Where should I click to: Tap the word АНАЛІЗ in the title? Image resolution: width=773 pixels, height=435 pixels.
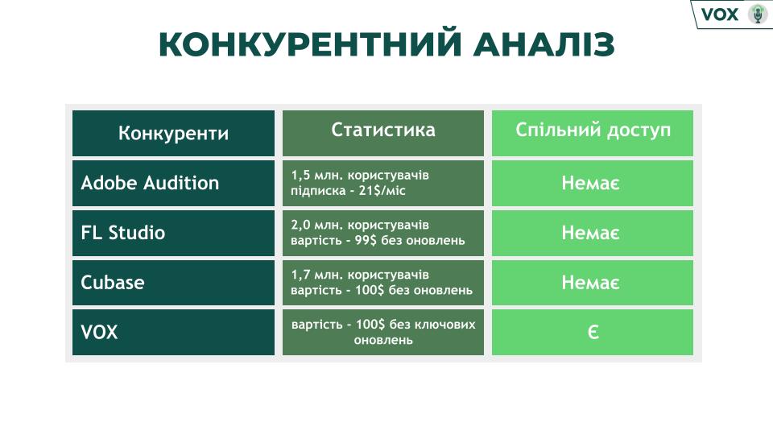pos(544,44)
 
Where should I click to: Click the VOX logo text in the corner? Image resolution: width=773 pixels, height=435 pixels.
pos(720,14)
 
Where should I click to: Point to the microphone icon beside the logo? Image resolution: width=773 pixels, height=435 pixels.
pos(758,14)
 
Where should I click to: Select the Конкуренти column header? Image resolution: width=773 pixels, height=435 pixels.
pos(174,134)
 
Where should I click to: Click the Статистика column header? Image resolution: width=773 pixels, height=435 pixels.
pos(383,130)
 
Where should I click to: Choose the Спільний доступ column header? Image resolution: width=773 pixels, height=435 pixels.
pos(593,130)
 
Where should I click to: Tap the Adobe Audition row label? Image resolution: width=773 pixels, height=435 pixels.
pos(150,183)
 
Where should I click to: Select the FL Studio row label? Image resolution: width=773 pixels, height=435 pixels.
pos(122,233)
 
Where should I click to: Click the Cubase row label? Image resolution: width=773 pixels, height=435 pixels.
pos(113,283)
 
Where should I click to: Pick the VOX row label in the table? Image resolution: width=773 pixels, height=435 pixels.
pos(99,332)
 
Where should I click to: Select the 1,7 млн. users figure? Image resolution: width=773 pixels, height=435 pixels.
pos(316,275)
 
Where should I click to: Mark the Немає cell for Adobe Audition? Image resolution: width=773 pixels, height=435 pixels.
pos(590,184)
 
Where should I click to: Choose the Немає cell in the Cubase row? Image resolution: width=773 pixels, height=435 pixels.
pos(590,283)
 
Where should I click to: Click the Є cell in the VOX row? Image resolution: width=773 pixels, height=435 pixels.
pos(593,332)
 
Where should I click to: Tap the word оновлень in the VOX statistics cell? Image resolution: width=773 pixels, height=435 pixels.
pos(383,340)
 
